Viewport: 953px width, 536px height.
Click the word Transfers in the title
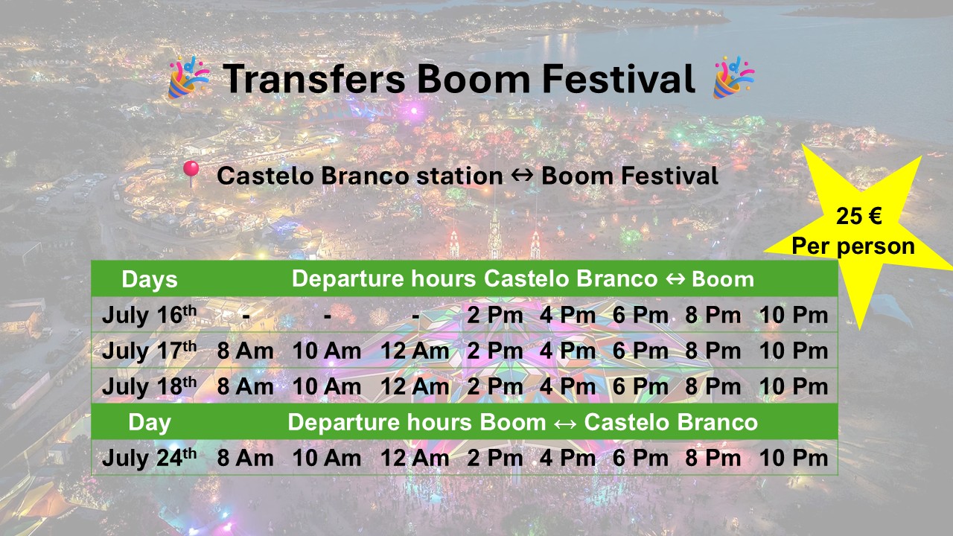click(x=314, y=79)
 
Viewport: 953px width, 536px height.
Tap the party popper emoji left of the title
click(x=189, y=77)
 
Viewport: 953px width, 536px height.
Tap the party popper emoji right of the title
click(x=734, y=77)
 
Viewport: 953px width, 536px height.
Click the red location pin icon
click(x=191, y=173)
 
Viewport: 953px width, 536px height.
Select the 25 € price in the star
click(x=858, y=216)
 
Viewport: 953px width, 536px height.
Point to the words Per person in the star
click(x=853, y=246)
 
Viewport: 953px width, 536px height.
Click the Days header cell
click(x=150, y=279)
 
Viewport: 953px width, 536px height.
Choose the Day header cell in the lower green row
click(x=150, y=422)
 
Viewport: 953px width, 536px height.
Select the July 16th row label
click(x=150, y=315)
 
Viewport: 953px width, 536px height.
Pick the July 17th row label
click(x=150, y=351)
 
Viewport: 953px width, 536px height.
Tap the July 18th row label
click(x=150, y=386)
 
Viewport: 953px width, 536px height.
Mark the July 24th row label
click(x=150, y=458)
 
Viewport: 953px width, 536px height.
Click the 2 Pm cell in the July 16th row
click(x=495, y=315)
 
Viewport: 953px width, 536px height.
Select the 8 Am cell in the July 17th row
click(x=246, y=351)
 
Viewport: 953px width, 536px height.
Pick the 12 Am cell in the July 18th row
click(x=415, y=386)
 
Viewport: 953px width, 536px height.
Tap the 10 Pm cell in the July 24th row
click(x=794, y=458)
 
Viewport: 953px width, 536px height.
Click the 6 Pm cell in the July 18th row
click(x=640, y=386)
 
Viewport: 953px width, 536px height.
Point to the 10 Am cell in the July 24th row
click(x=327, y=458)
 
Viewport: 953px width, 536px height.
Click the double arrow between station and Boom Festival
click(x=522, y=175)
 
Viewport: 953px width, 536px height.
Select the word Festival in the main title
click(x=619, y=79)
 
